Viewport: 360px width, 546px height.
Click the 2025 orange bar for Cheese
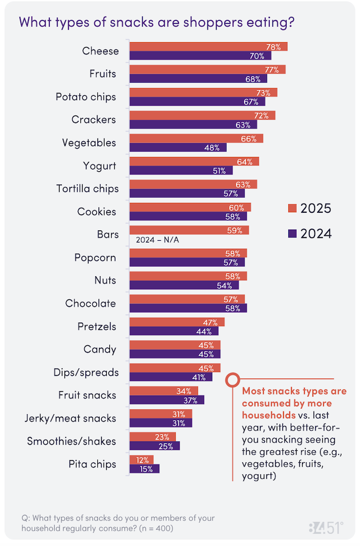click(208, 47)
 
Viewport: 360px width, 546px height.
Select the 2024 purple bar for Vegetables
click(178, 147)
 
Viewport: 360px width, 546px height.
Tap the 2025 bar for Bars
click(189, 230)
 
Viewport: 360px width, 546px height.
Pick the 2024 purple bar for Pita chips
click(144, 469)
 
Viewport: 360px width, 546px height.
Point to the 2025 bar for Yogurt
click(194, 161)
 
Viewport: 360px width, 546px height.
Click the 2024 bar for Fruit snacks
click(167, 400)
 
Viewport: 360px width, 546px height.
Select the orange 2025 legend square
click(292, 208)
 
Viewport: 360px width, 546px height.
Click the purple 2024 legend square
click(292, 234)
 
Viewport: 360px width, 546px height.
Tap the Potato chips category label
click(86, 97)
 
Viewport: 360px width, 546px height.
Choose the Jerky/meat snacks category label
click(71, 419)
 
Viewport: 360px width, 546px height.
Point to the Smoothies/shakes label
click(72, 442)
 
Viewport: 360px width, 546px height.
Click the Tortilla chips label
click(88, 189)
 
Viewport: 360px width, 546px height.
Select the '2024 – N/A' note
click(153, 240)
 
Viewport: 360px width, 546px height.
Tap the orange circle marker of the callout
click(233, 379)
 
